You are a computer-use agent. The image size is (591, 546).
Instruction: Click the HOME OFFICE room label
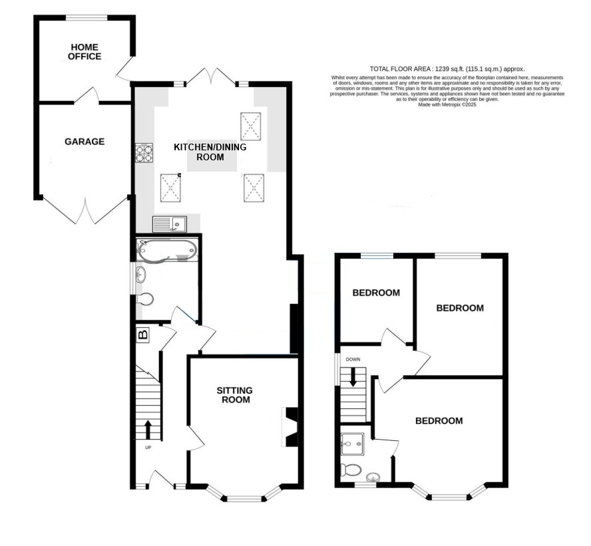coord(85,52)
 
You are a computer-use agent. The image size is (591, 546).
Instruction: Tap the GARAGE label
coord(85,142)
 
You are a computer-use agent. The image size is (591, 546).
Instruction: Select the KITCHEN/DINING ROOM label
coord(210,152)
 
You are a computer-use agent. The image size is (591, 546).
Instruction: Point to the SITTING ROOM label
coord(234,395)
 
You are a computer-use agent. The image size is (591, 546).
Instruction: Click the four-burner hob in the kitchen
coord(144,153)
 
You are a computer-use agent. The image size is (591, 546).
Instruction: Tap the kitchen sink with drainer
coord(170,224)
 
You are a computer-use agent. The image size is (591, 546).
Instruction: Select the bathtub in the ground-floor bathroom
coord(167,250)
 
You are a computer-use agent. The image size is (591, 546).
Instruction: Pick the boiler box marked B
coord(143,335)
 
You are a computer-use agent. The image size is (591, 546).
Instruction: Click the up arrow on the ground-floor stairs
coord(147,430)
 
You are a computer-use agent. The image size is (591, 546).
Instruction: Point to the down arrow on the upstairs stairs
coord(353,377)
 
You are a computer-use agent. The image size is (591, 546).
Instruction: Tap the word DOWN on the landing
coord(353,359)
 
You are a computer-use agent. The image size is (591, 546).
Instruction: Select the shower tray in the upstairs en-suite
coord(353,444)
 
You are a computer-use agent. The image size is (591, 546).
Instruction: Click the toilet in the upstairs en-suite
coord(351,470)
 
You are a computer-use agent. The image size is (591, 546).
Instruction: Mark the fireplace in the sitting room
coord(291,427)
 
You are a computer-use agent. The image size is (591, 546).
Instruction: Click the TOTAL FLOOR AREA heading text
coord(447,69)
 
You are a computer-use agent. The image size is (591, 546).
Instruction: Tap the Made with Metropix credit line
coord(447,104)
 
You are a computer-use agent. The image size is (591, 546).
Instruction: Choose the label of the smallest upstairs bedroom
coord(376,293)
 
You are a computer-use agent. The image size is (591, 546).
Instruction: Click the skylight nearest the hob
coord(171,188)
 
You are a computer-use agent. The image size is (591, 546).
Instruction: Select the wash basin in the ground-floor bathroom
coord(141,274)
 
